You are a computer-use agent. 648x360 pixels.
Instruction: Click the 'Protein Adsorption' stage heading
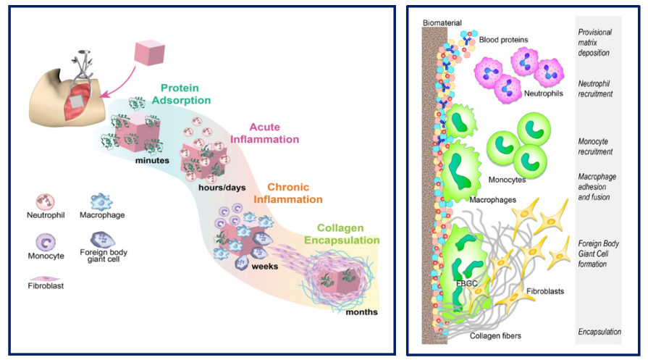(x=181, y=94)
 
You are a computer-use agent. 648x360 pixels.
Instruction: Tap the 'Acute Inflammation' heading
(x=264, y=133)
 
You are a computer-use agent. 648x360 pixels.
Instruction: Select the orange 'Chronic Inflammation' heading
(x=288, y=193)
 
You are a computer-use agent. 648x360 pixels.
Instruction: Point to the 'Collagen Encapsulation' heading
(x=342, y=234)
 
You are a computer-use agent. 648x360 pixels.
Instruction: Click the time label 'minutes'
(x=152, y=160)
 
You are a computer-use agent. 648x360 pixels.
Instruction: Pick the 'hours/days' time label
(x=222, y=188)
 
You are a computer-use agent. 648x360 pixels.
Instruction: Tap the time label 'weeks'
(x=264, y=267)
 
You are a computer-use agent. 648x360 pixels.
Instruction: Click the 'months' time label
(x=361, y=312)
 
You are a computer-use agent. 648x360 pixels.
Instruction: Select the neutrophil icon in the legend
(x=45, y=202)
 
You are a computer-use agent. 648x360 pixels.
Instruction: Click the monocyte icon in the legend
(x=46, y=242)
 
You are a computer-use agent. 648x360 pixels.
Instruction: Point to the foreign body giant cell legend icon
(x=103, y=239)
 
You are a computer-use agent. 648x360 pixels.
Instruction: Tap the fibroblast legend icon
(x=45, y=279)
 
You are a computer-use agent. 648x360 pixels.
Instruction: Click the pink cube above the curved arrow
(x=150, y=52)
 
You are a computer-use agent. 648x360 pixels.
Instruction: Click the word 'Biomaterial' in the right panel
(x=442, y=22)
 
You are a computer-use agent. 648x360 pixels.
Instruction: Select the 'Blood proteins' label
(x=503, y=40)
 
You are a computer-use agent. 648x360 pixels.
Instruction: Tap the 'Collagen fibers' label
(x=495, y=335)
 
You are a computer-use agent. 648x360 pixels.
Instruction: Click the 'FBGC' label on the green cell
(x=466, y=283)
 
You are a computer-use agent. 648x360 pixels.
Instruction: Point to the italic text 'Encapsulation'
(x=599, y=332)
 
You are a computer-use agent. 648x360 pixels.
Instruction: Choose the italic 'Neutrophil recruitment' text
(x=595, y=89)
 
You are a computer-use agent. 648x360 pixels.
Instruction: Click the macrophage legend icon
(x=101, y=201)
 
